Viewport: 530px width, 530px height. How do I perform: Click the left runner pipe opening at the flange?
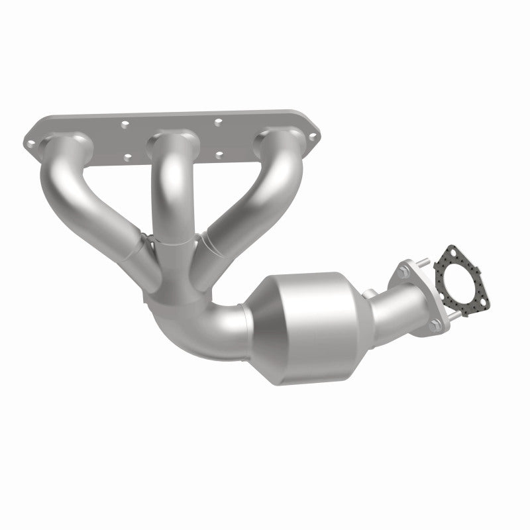pyautogui.click(x=64, y=142)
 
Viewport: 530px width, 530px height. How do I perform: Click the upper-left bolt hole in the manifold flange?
pyautogui.click(x=124, y=123)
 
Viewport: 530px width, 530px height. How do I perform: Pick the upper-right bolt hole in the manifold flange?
pyautogui.click(x=219, y=121)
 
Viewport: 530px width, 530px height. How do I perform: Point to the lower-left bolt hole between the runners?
pyautogui.click(x=128, y=156)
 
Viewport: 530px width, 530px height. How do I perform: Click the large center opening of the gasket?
pyautogui.click(x=461, y=282)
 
